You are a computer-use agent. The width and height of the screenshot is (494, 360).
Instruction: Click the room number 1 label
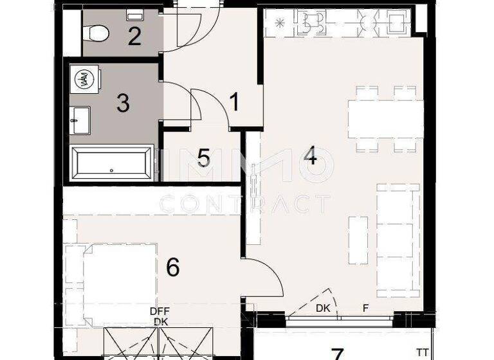click(235, 102)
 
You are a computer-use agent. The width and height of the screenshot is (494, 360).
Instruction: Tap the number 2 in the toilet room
click(134, 36)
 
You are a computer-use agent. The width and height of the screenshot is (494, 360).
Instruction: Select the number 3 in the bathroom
click(123, 103)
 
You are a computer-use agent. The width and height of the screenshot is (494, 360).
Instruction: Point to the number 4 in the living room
click(311, 156)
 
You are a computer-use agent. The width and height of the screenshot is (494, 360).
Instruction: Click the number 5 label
click(204, 157)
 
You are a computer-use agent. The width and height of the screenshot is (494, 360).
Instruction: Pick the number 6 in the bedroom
click(172, 267)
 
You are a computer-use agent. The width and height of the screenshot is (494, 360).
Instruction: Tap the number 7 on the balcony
click(336, 354)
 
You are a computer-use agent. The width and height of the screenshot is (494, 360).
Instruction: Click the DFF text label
click(160, 311)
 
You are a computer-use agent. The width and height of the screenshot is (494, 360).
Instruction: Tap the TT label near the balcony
click(422, 352)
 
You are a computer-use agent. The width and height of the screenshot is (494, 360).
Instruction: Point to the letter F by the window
click(365, 308)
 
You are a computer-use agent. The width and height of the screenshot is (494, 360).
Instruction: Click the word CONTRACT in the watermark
click(244, 204)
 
